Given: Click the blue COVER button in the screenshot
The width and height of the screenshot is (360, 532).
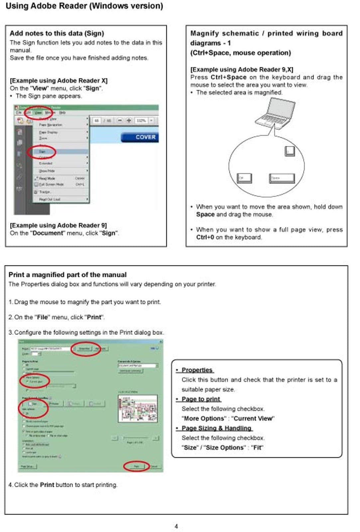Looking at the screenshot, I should coord(140,137).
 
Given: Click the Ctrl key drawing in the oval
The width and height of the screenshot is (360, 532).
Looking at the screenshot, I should coord(244,178).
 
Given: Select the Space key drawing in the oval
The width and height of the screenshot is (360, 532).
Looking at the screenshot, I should coord(282,178).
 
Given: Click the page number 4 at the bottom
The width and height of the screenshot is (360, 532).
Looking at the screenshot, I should coord(176,526).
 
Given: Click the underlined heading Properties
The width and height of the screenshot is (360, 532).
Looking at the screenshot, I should coord(197,370).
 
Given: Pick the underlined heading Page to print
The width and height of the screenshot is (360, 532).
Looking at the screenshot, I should coord(201,399).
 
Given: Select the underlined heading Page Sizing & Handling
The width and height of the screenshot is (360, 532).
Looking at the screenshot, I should coord(216,428).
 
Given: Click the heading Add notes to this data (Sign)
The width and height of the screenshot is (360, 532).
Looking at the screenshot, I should coord(57,33).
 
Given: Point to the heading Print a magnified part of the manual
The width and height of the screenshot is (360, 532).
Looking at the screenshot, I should coord(67,275).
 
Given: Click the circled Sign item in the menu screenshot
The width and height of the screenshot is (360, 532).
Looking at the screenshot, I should coord(42,152).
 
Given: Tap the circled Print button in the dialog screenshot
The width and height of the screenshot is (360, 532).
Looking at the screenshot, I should coord(136,466).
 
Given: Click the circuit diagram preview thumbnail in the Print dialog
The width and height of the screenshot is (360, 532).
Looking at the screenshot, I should coord(138,409).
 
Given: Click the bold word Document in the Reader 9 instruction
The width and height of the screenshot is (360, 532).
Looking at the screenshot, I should coord(47,233).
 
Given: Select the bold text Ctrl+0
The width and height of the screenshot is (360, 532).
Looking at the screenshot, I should coord(205,237).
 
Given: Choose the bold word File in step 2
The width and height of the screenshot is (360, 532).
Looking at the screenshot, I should coord(42,317).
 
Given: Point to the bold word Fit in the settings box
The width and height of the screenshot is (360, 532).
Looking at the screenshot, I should coord(257,448).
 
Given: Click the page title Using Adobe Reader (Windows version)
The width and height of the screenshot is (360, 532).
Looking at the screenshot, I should coord(84,6).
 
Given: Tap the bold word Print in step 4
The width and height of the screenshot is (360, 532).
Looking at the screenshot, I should coord(47,485).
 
